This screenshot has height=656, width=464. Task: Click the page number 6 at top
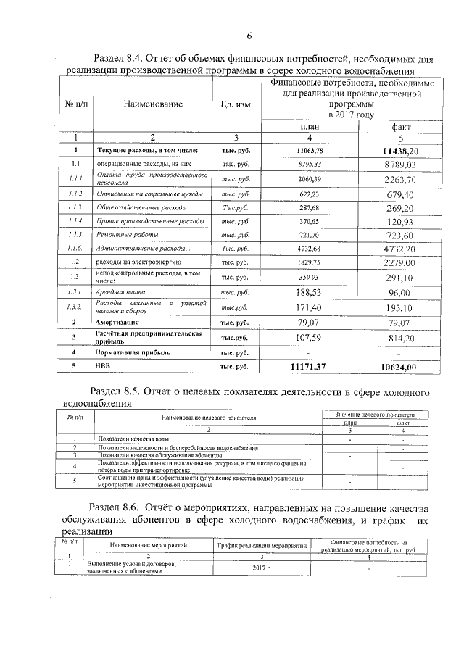(248, 36)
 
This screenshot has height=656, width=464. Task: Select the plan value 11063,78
(309, 150)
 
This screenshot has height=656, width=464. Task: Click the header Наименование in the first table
(152, 104)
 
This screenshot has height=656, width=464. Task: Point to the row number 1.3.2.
(74, 307)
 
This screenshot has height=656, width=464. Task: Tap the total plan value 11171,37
(309, 368)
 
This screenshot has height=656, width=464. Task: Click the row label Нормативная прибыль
(134, 352)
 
